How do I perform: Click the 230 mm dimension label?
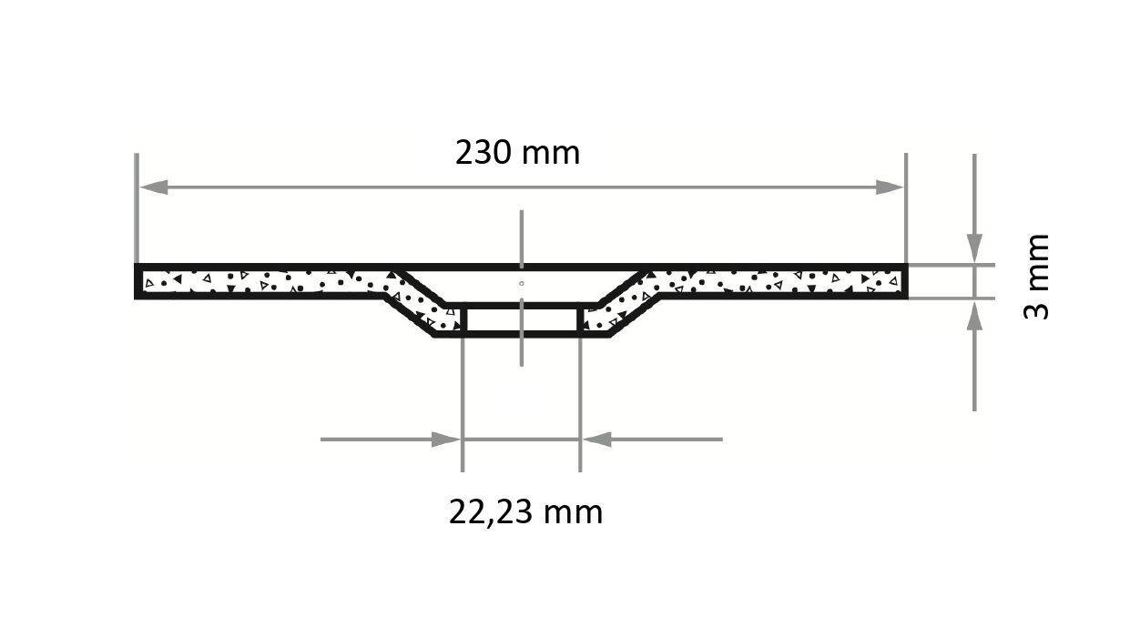[x=517, y=153]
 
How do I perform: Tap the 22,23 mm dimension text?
[x=525, y=512]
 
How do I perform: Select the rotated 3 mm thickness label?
[x=1037, y=277]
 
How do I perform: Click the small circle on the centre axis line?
[x=521, y=284]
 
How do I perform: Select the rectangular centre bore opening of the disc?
[x=521, y=320]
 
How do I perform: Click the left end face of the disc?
[x=138, y=281]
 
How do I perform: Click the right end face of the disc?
[x=904, y=281]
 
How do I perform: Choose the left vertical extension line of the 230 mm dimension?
[x=137, y=209]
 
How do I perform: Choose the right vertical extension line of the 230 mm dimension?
[x=906, y=209]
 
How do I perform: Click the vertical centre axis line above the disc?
[x=522, y=237]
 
